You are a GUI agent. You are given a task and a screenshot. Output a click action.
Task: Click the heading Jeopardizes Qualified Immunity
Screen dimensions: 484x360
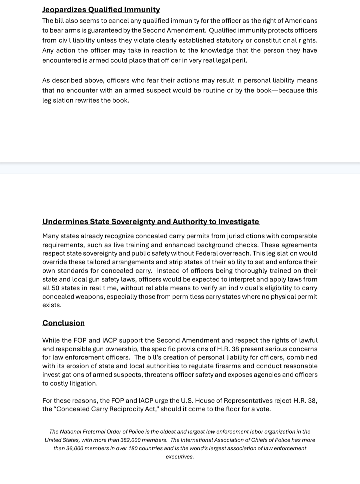click(x=101, y=10)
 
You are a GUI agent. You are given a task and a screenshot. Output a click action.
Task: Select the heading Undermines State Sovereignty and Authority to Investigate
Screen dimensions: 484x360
click(x=151, y=222)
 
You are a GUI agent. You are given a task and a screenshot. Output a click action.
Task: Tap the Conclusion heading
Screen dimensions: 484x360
click(x=64, y=323)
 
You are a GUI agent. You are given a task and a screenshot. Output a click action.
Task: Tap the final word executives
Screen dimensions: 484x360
click(x=180, y=457)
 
